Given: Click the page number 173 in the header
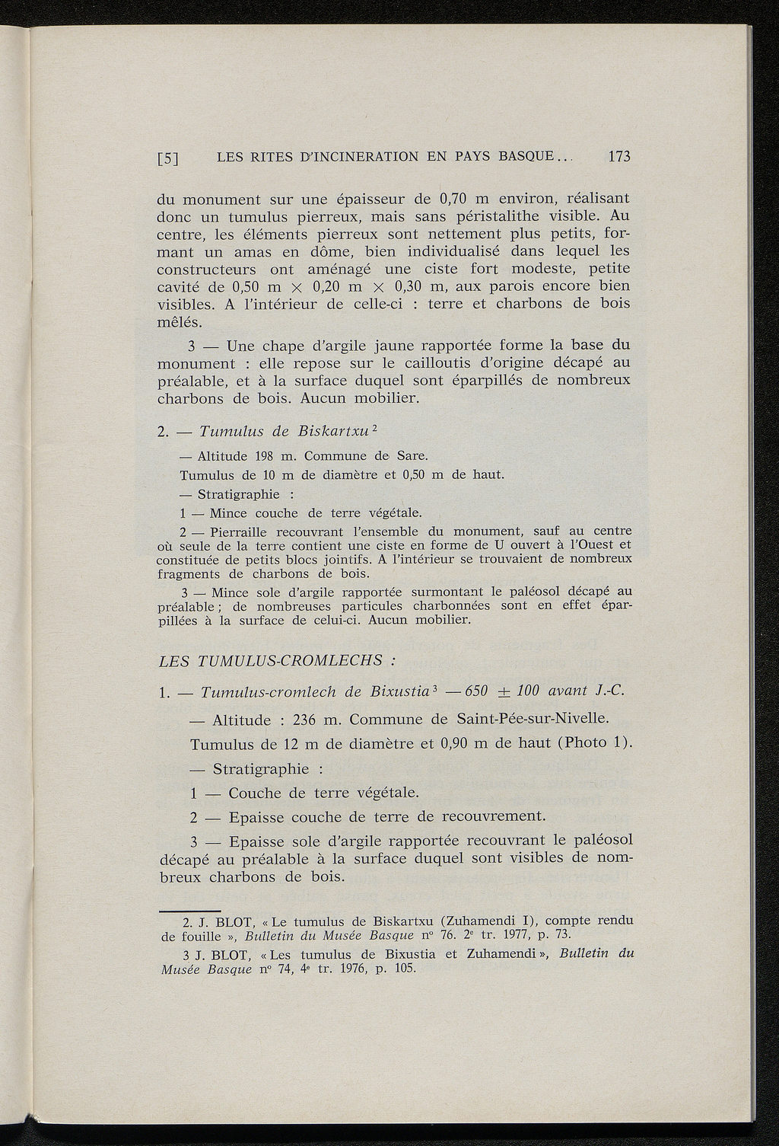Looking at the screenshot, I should (x=619, y=158).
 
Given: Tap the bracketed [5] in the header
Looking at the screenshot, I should (x=167, y=159).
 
